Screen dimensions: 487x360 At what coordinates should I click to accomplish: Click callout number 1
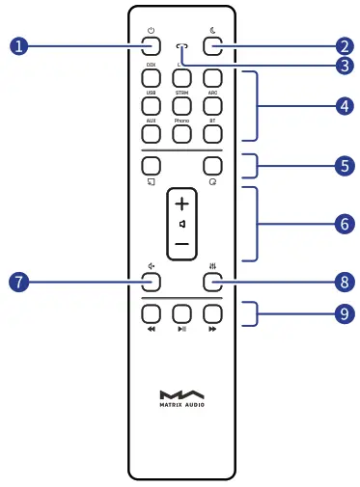(x=15, y=43)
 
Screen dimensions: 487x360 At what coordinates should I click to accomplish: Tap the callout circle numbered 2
(x=343, y=43)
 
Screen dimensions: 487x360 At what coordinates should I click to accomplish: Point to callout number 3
(x=343, y=68)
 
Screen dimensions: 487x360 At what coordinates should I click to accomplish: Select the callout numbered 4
(x=343, y=106)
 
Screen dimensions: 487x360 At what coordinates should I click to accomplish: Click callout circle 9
(x=343, y=313)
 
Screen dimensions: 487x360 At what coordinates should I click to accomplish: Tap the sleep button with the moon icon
(x=212, y=44)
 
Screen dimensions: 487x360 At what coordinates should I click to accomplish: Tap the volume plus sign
(x=181, y=205)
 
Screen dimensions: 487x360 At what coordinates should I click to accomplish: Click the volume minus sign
(x=181, y=246)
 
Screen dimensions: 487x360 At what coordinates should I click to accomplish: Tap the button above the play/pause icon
(x=181, y=312)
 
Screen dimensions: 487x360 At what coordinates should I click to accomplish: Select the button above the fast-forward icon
(x=212, y=312)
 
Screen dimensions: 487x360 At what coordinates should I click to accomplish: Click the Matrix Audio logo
(x=180, y=398)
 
